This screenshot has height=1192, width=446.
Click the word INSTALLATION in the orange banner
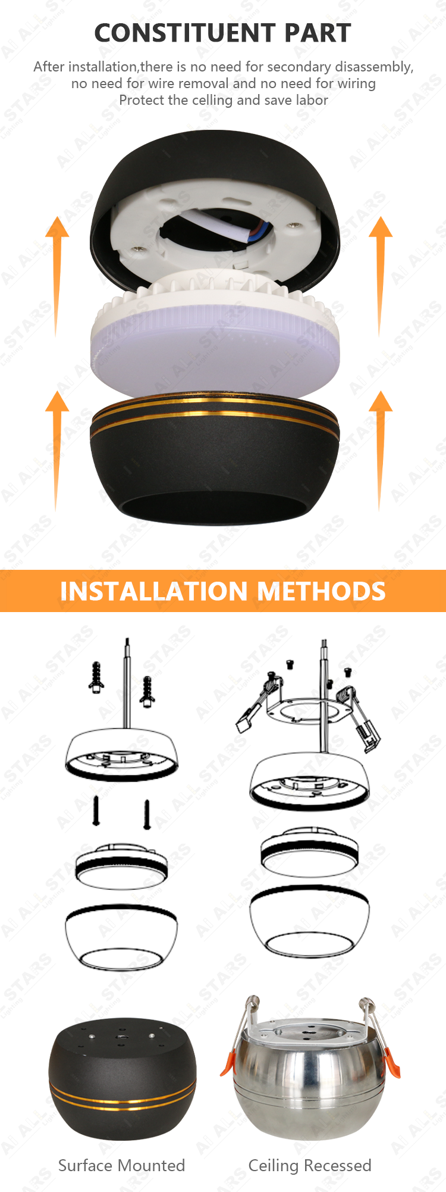click(154, 591)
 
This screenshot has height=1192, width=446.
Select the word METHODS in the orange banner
click(321, 591)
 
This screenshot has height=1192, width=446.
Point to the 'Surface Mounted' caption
click(122, 1165)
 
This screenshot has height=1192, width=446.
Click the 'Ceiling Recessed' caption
click(310, 1166)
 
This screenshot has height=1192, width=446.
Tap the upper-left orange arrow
click(57, 276)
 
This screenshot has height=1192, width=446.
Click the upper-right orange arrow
click(381, 276)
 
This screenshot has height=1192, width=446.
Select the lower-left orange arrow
click(57, 450)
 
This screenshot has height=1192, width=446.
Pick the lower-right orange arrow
click(381, 450)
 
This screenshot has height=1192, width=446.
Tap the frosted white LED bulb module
click(215, 335)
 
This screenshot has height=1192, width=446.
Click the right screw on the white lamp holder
click(293, 224)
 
